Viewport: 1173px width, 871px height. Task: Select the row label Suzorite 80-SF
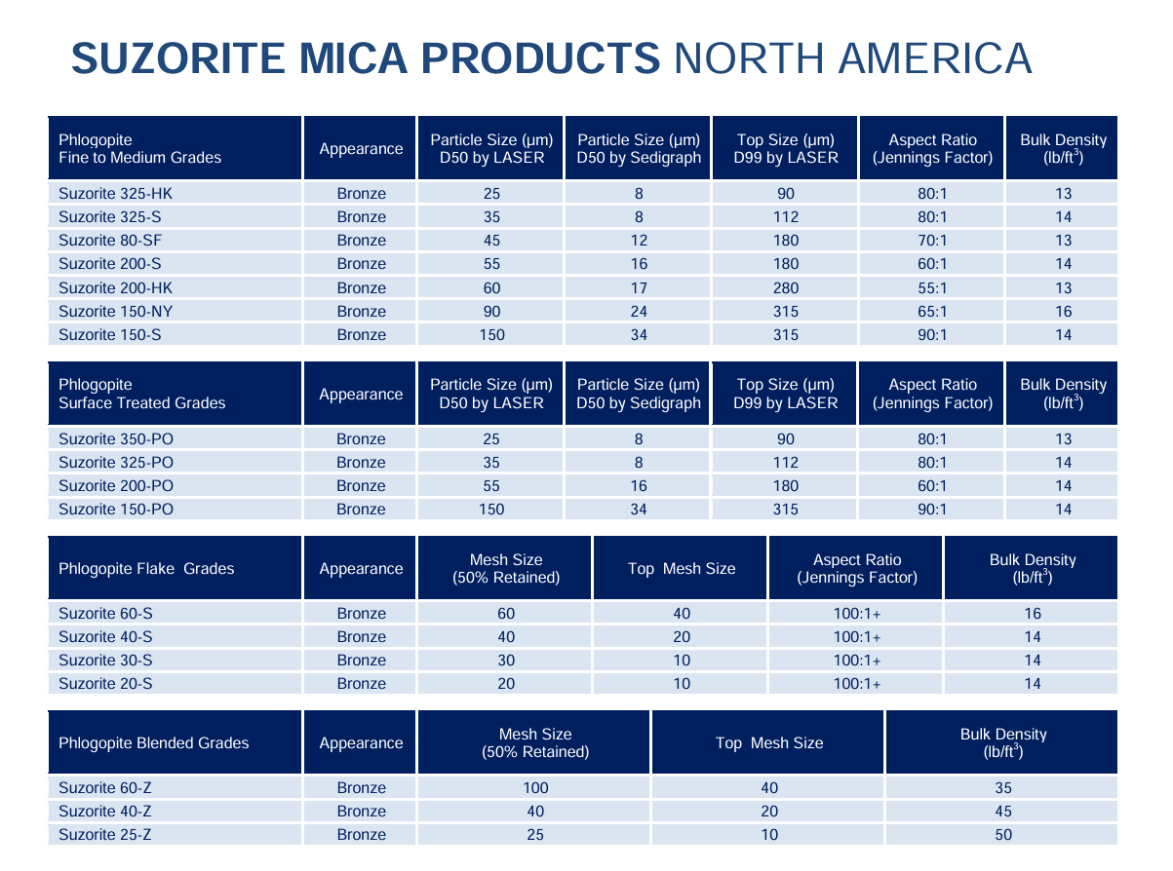tap(101, 241)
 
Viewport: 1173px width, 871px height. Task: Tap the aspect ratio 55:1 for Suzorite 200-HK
tap(932, 288)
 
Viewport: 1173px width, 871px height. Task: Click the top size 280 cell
tap(785, 288)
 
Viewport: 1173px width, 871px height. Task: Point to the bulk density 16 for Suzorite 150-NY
tap(1063, 312)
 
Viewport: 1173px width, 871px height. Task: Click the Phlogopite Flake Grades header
tap(146, 569)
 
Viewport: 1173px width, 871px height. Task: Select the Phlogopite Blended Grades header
tap(154, 743)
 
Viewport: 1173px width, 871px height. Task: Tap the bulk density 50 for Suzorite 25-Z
tap(1003, 835)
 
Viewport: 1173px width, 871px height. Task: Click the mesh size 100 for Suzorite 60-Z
tap(535, 788)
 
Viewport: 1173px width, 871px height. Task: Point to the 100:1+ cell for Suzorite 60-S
tap(857, 614)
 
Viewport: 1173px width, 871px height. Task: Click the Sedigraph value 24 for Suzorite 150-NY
tap(639, 312)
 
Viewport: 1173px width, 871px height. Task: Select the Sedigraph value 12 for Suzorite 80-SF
tap(639, 241)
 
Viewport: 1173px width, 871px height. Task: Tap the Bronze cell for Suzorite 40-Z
tap(362, 812)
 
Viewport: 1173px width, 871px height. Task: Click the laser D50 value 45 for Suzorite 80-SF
tap(491, 241)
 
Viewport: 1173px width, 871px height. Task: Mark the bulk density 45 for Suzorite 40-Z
tap(1003, 812)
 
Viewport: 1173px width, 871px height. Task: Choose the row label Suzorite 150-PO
tap(102, 510)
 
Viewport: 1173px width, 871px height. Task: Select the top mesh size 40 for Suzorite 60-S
tap(682, 614)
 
